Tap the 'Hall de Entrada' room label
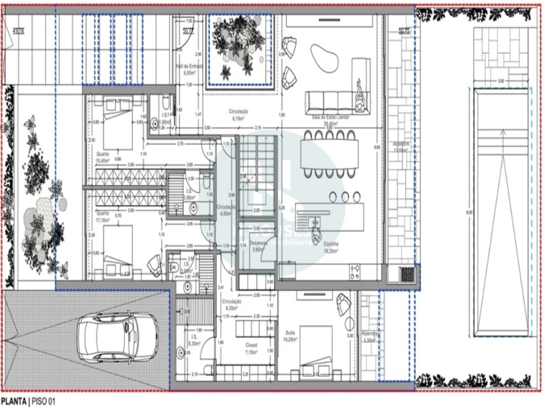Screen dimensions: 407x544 pos(189,69)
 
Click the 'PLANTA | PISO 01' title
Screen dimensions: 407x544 pos(28,399)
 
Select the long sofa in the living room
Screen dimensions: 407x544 pos(326,101)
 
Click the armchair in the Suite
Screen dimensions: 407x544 pos(344,303)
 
